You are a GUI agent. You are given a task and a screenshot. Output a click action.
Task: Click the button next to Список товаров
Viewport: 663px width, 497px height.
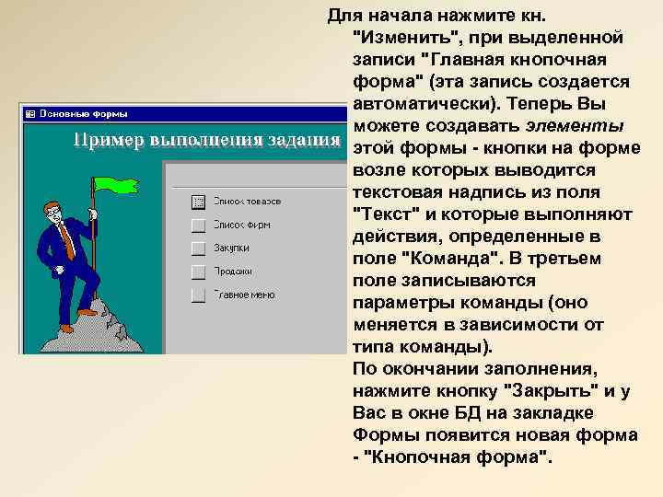tap(197, 201)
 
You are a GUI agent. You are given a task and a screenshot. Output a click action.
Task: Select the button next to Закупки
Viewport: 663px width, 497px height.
tap(197, 248)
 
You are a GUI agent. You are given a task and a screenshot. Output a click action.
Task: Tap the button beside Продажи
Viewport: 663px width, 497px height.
tap(197, 272)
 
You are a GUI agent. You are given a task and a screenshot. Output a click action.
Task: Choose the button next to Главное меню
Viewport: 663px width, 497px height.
tap(197, 295)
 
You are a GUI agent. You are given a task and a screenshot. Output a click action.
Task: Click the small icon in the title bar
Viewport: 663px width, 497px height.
tap(29, 113)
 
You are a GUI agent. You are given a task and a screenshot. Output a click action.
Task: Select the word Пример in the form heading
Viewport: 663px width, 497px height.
tap(102, 140)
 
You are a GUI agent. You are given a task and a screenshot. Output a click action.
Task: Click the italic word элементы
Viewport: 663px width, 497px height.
tap(576, 126)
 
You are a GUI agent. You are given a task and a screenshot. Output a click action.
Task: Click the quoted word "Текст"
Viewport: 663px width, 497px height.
tap(384, 214)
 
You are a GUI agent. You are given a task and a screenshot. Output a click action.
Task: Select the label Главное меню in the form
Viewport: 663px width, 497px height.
tap(245, 295)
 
